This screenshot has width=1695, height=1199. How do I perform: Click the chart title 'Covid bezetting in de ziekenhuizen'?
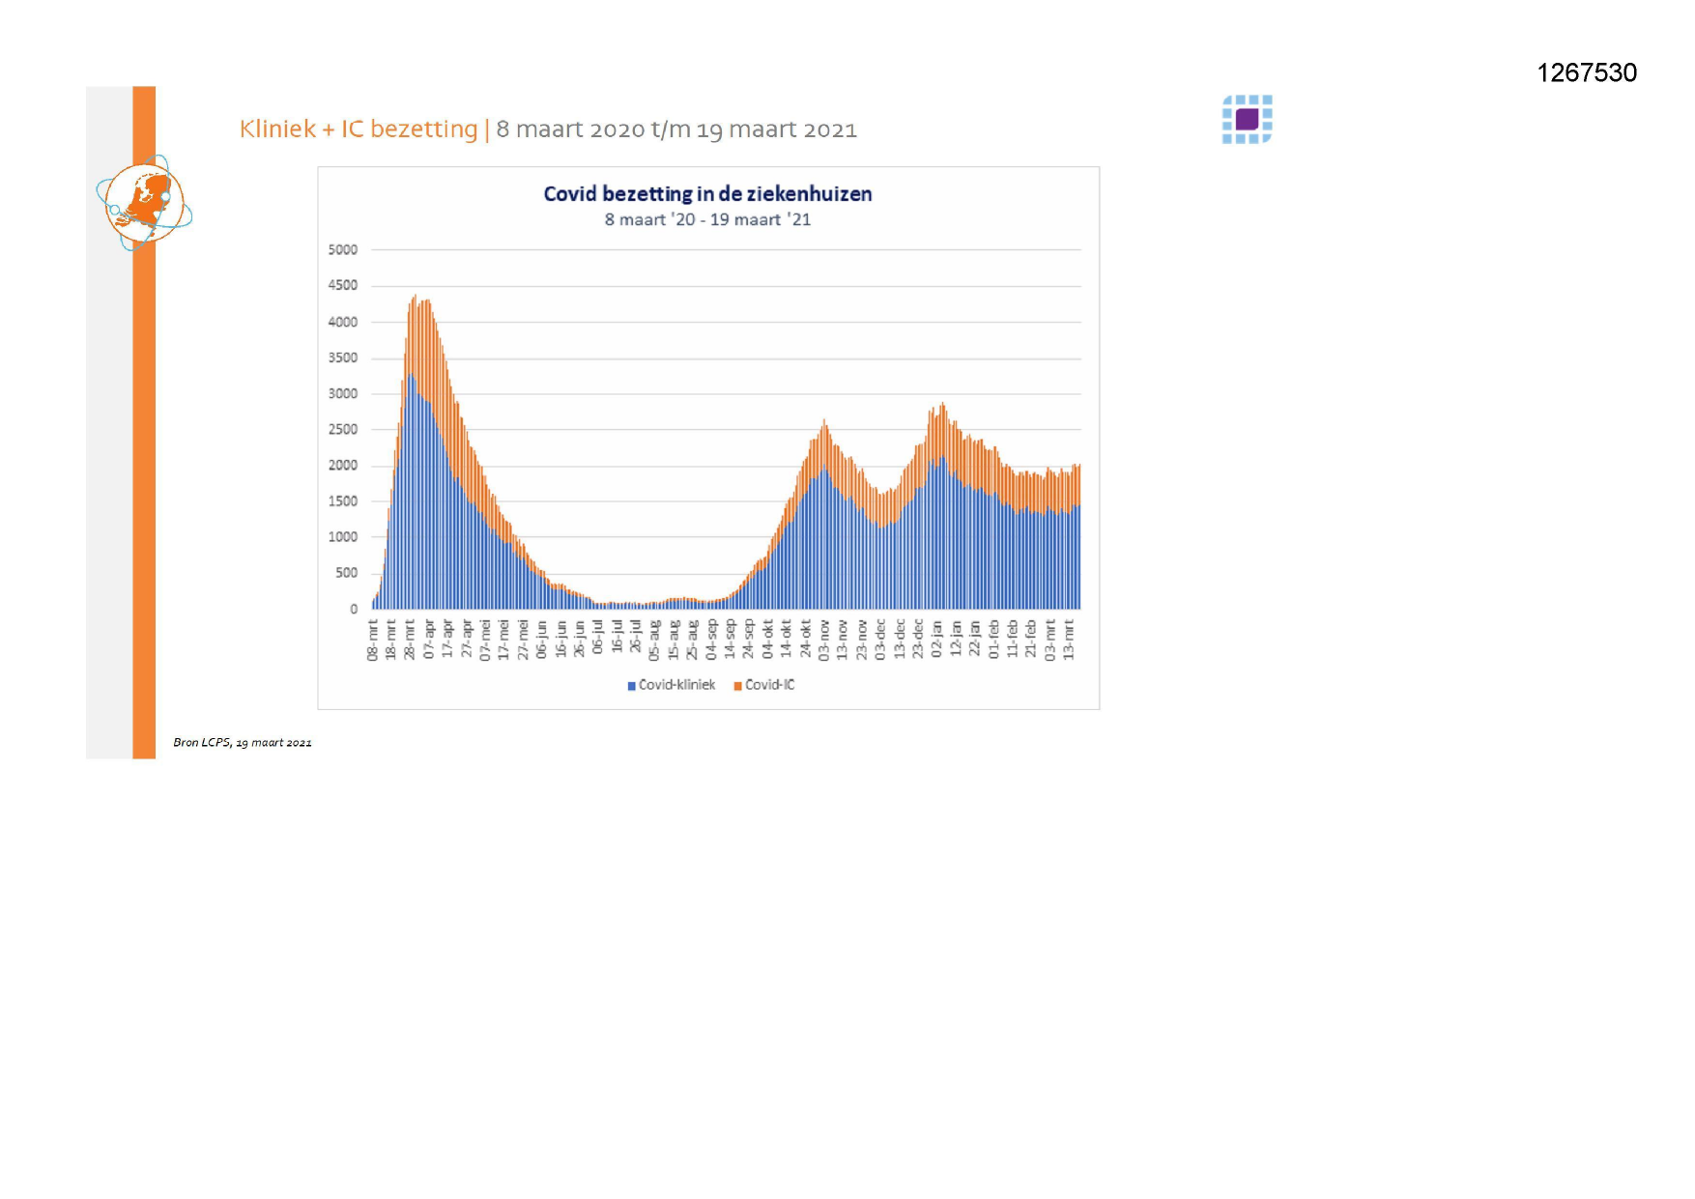pos(707,194)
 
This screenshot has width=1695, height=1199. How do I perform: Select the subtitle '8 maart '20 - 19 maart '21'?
pos(707,220)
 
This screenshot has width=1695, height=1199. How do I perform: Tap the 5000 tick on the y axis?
pos(342,250)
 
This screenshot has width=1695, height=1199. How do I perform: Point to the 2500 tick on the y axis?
pos(342,430)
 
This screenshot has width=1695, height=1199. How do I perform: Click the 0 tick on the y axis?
pos(354,610)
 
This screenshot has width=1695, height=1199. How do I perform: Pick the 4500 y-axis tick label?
pos(342,286)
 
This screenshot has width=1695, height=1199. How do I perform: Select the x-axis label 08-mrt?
pos(373,641)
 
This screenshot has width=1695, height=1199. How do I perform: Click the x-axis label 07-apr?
pos(430,641)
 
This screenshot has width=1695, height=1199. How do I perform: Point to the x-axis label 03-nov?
pos(824,641)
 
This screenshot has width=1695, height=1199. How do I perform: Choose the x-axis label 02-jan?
pos(937,641)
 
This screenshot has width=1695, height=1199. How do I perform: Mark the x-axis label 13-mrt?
pos(1069,641)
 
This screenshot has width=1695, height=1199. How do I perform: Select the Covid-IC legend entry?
pos(764,685)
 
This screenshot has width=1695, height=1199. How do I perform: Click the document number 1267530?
pos(1587,73)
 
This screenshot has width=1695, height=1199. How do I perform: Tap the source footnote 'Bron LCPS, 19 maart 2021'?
pos(243,743)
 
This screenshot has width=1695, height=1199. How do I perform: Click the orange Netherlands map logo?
pos(144,203)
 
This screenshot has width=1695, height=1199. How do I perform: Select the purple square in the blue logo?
pos(1248,119)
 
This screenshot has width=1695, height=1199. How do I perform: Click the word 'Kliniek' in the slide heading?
pos(277,129)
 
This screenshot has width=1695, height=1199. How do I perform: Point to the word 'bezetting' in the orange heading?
pos(424,129)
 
